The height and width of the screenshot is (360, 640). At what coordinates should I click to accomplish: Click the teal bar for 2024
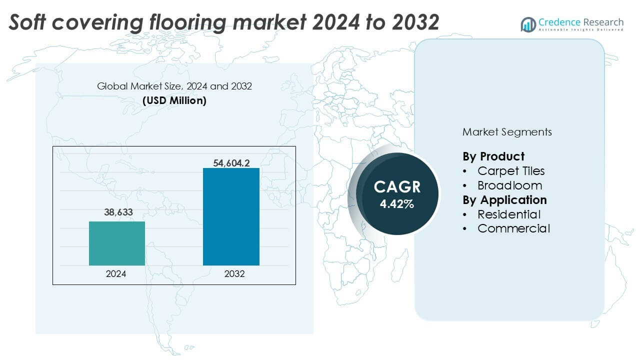point(116,243)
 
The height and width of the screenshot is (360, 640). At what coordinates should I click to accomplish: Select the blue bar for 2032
point(231,216)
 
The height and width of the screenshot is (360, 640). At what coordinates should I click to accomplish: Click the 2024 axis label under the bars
point(116,274)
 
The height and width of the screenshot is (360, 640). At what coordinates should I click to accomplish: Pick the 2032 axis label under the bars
point(231,274)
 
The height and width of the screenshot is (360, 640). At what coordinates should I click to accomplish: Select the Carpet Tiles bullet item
point(510,171)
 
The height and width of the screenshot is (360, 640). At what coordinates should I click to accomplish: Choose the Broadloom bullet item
point(509,185)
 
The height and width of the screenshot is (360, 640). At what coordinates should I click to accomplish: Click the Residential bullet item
point(508,214)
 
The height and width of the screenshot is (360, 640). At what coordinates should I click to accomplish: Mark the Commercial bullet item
point(513,229)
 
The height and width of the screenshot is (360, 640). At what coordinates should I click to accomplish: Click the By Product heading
point(493,156)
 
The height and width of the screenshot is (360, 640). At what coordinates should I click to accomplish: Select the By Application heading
point(504,200)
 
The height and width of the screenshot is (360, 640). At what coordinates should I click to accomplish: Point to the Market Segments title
point(507,132)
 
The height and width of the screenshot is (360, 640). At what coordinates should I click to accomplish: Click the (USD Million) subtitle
point(174,100)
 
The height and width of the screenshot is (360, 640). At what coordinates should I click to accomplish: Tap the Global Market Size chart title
point(174,86)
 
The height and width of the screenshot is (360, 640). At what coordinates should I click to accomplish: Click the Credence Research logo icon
point(528,24)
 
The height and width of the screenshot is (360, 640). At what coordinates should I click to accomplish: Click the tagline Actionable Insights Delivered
point(581,30)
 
